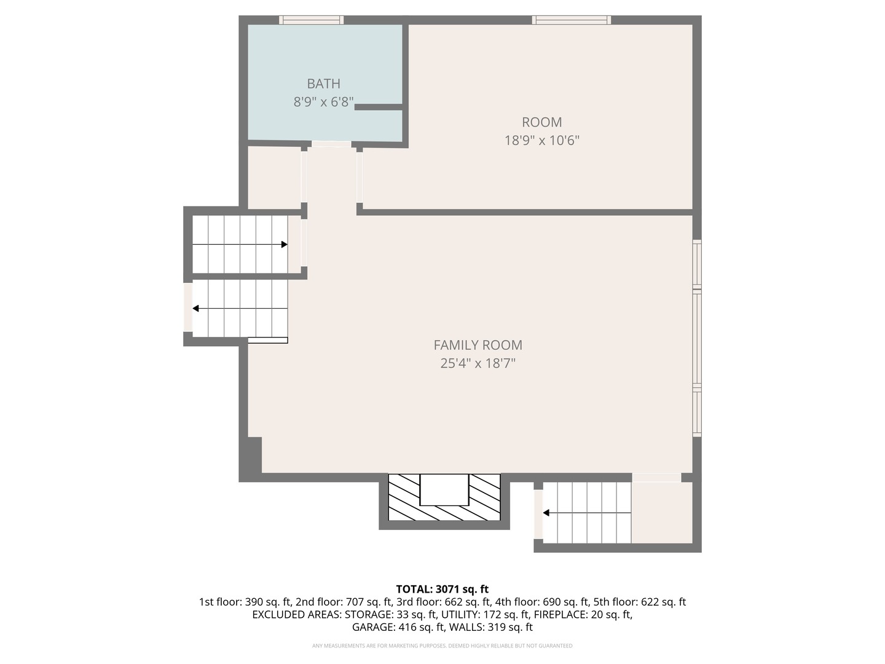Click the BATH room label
pos(323,84)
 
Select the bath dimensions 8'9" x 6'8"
pos(323,102)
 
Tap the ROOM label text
pos(541,122)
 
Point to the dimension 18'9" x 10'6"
pos(541,140)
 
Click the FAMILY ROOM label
pos(478,346)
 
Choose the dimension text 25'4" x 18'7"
pos(478,363)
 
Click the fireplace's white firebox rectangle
pos(444,489)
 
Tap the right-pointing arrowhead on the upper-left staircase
pos(284,245)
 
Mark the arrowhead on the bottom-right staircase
pos(546,513)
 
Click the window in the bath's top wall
pos(311,20)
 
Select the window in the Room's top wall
pos(571,20)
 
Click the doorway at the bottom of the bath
pos(331,144)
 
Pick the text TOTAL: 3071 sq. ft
pos(442,590)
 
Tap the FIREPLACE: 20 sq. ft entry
pos(582,615)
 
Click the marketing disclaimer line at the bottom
pos(442,646)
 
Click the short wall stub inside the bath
pos(378,108)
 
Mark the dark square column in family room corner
pos(254,455)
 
